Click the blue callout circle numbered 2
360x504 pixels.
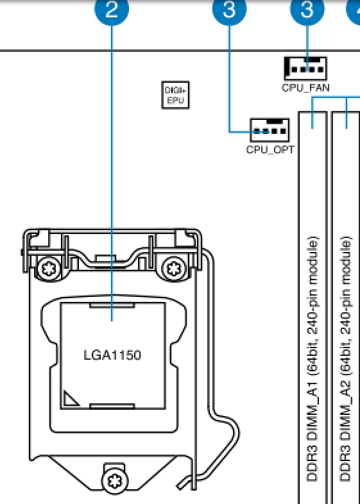[112, 9]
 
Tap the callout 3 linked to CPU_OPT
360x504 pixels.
[229, 9]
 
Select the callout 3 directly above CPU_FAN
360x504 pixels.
[307, 9]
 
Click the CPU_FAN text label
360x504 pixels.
[305, 87]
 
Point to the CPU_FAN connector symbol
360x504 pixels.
[305, 69]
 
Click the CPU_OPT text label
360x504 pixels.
[270, 150]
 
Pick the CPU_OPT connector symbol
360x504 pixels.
[270, 130]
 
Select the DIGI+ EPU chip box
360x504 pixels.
[175, 95]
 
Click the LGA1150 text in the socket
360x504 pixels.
[112, 355]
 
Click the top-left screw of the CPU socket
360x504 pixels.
[49, 269]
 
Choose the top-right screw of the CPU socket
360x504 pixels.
[174, 269]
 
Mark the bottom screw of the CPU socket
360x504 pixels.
[114, 481]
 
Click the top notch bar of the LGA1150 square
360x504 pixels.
[112, 305]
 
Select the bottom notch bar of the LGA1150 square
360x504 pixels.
[112, 407]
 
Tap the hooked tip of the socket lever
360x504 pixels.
[181, 483]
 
